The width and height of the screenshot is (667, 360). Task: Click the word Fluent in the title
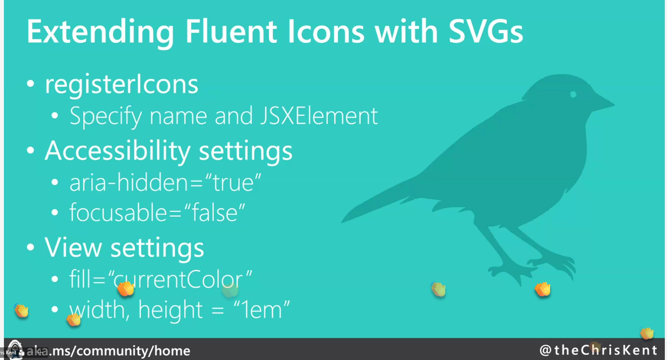231,31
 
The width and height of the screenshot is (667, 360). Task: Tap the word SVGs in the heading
486,31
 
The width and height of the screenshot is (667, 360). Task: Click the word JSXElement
319,115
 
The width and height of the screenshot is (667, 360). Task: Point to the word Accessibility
117,151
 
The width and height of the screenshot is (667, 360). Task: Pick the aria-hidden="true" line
165,182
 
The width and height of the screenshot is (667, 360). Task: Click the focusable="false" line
157,212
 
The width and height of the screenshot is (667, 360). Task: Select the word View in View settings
73,247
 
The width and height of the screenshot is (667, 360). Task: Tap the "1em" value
262,310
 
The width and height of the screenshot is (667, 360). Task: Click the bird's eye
573,95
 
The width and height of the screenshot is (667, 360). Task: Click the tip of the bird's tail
342,221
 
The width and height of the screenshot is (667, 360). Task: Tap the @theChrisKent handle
599,350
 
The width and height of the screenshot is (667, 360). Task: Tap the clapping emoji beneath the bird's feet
542,289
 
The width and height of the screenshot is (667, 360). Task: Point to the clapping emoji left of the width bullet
21,311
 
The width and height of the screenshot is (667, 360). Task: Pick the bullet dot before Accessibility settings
31,150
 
